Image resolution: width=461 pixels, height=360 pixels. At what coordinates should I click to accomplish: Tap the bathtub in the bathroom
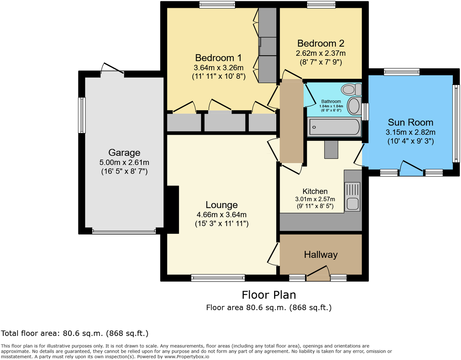pyautogui.click(x=334, y=127)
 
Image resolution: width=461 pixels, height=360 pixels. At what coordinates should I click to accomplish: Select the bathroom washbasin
pyautogui.click(x=354, y=106)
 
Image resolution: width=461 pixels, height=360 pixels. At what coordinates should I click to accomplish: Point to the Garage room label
pyautogui.click(x=124, y=153)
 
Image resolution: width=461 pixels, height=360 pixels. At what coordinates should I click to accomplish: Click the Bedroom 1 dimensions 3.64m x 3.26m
pyautogui.click(x=219, y=68)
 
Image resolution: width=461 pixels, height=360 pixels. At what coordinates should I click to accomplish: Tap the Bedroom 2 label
pyautogui.click(x=320, y=44)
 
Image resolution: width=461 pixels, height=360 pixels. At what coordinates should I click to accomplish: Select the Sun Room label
pyautogui.click(x=410, y=122)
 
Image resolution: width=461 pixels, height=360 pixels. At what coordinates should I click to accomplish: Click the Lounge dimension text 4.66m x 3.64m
pyautogui.click(x=221, y=215)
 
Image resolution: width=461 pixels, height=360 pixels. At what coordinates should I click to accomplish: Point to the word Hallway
pyautogui.click(x=320, y=255)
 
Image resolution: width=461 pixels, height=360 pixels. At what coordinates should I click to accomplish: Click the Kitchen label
pyautogui.click(x=315, y=191)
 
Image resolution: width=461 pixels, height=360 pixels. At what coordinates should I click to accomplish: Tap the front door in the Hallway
pyautogui.click(x=318, y=273)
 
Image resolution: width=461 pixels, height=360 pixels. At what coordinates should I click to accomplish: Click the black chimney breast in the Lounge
pyautogui.click(x=173, y=209)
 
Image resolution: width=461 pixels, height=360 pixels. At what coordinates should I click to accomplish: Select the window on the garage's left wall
pyautogui.click(x=82, y=115)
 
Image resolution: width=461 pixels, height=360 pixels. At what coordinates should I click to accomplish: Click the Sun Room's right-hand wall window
pyautogui.click(x=456, y=124)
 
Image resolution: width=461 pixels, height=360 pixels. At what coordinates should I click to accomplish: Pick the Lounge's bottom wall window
pyautogui.click(x=218, y=278)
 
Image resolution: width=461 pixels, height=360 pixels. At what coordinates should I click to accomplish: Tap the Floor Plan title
pyautogui.click(x=269, y=295)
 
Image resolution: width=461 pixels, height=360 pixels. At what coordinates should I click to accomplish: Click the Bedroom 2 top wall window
pyautogui.click(x=321, y=5)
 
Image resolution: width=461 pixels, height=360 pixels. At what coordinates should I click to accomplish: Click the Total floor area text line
pyautogui.click(x=75, y=334)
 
